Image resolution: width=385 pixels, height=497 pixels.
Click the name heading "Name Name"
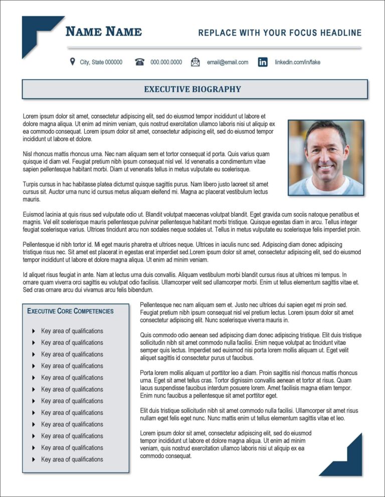pyautogui.click(x=104, y=32)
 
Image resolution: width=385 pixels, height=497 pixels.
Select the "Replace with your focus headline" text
pyautogui.click(x=280, y=33)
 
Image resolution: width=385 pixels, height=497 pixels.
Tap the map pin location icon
pyautogui.click(x=73, y=62)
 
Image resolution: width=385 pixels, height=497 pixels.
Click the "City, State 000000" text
pyautogui.click(x=101, y=62)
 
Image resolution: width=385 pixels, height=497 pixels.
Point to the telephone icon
pyautogui.click(x=140, y=62)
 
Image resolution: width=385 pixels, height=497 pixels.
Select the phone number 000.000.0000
pyautogui.click(x=166, y=62)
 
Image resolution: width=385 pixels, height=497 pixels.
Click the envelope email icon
pyautogui.click(x=196, y=62)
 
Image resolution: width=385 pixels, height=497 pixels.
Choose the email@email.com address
pyautogui.click(x=227, y=62)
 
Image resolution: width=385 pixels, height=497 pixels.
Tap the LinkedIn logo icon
pyautogui.click(x=263, y=62)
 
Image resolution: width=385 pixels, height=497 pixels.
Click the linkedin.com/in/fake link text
pyautogui.click(x=297, y=62)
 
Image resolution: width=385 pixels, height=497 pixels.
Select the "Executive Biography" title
pyautogui.click(x=192, y=89)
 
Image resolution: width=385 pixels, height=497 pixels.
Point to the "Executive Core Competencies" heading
pyautogui.click(x=70, y=311)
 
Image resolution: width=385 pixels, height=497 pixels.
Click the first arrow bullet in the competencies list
pyautogui.click(x=34, y=331)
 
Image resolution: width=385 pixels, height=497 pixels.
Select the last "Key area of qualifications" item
pyautogui.click(x=72, y=459)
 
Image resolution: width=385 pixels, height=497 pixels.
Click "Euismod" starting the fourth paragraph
pyautogui.click(x=34, y=214)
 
